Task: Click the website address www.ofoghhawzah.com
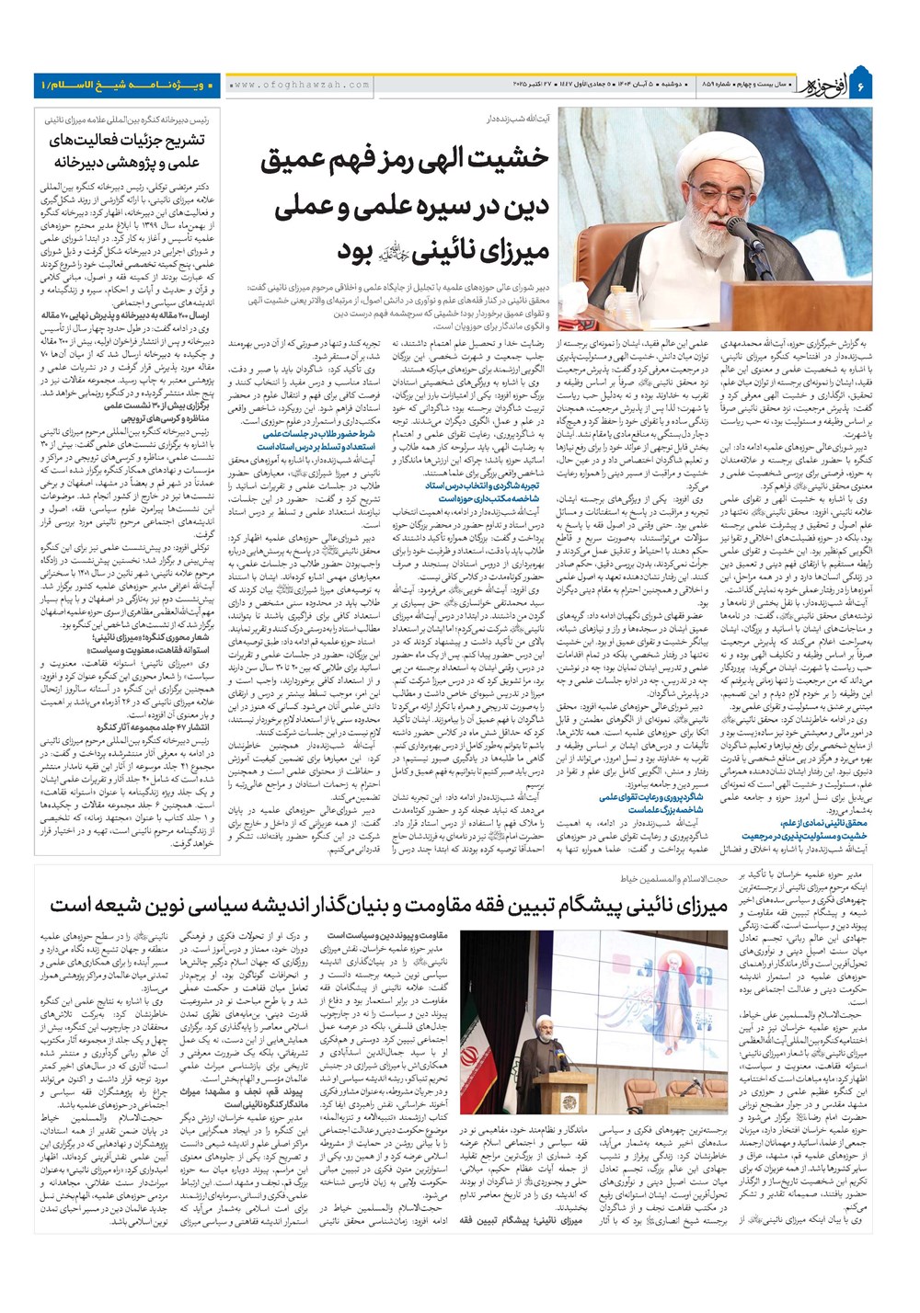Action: (298, 85)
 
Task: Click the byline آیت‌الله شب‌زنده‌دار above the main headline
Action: (515, 119)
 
